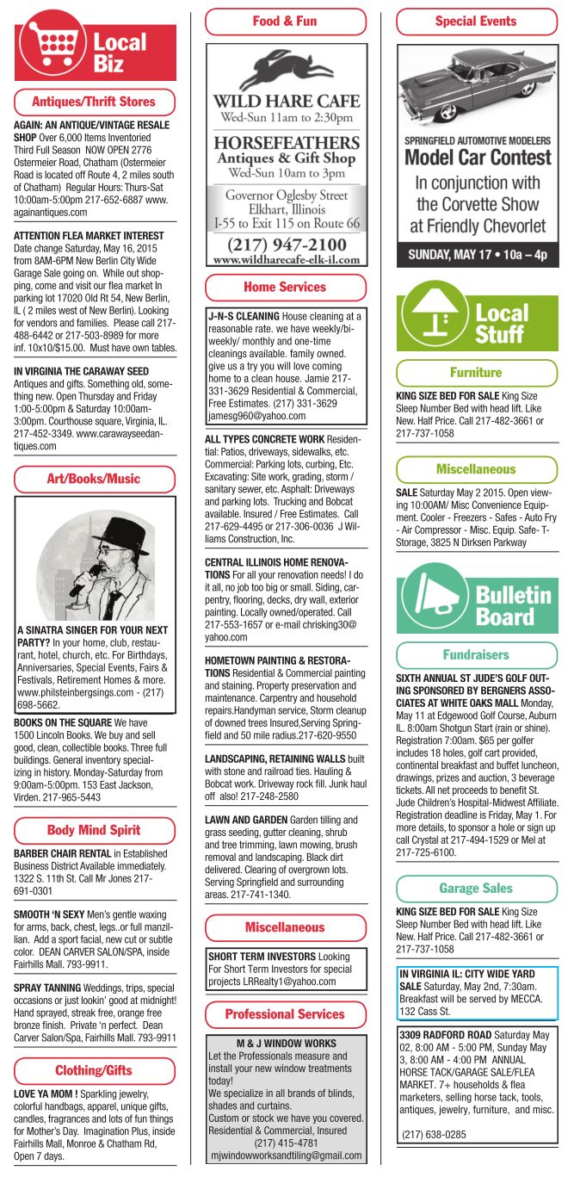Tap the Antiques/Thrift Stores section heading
click(x=95, y=102)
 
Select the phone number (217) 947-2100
click(x=285, y=244)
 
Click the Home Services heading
click(x=285, y=287)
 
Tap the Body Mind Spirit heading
click(x=95, y=830)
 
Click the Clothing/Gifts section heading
click(x=95, y=1070)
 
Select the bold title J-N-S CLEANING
click(x=244, y=317)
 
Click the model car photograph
click(x=476, y=85)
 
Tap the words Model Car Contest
click(x=477, y=158)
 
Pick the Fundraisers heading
click(x=476, y=654)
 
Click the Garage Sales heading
click(x=476, y=888)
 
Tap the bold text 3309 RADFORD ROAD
click(x=444, y=1034)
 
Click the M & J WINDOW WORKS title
click(x=285, y=1044)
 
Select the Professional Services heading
click(x=285, y=1014)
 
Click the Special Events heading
click(x=476, y=22)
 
